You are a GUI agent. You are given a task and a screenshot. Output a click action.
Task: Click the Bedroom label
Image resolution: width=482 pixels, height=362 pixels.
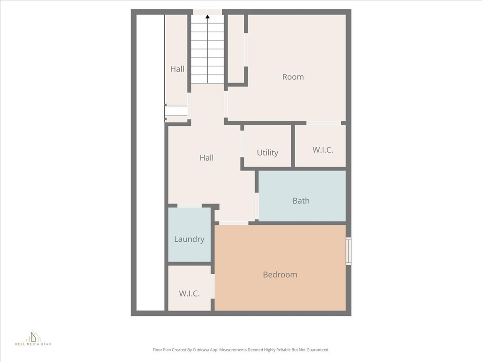pyautogui.click(x=280, y=275)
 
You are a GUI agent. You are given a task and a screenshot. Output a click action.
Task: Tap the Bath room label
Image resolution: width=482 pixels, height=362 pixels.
pyautogui.click(x=301, y=201)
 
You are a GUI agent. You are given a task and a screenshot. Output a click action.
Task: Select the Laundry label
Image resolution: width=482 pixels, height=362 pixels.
pyautogui.click(x=189, y=239)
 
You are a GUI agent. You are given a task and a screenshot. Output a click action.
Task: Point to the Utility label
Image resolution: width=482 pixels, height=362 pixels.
pyautogui.click(x=267, y=153)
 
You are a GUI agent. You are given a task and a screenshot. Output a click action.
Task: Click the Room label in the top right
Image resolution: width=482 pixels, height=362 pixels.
pyautogui.click(x=293, y=77)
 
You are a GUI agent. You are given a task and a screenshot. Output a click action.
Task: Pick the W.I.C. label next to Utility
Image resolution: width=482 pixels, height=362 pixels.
pyautogui.click(x=323, y=150)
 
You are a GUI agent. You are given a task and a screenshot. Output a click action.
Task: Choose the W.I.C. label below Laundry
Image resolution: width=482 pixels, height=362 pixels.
pyautogui.click(x=189, y=293)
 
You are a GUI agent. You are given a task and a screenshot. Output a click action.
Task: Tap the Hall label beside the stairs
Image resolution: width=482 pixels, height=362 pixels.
pyautogui.click(x=177, y=69)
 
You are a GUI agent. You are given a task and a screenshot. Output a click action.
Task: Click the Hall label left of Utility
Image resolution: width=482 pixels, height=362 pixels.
pyautogui.click(x=207, y=158)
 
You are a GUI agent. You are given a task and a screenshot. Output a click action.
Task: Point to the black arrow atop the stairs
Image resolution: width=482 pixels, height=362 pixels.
pyautogui.click(x=208, y=17)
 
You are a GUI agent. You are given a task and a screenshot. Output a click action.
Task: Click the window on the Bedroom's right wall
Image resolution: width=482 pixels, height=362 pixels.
pyautogui.click(x=348, y=251)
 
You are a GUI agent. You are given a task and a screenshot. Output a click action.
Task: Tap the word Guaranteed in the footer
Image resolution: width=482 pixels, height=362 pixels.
pyautogui.click(x=316, y=350)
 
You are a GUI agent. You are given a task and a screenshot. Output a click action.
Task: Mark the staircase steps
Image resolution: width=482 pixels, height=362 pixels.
pyautogui.click(x=208, y=52)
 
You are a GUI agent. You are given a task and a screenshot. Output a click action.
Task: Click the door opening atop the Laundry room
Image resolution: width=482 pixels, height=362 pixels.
pyautogui.click(x=189, y=206)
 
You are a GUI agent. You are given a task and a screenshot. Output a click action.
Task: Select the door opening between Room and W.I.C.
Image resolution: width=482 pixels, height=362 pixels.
pyautogui.click(x=324, y=123)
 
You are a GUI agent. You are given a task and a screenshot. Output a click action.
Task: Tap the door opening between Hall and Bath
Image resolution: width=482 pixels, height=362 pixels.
pyautogui.click(x=257, y=206)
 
